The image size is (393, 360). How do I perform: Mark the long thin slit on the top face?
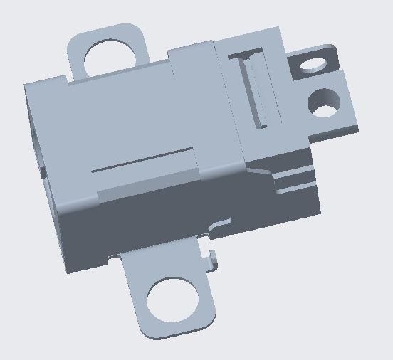tap(142, 160)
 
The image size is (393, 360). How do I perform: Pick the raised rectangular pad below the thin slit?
tap(146, 183)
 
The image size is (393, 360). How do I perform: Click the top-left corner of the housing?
tap(27, 86)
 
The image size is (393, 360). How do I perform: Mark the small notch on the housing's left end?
tap(42, 171)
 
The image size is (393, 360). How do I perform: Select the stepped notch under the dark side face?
tap(217, 226)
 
